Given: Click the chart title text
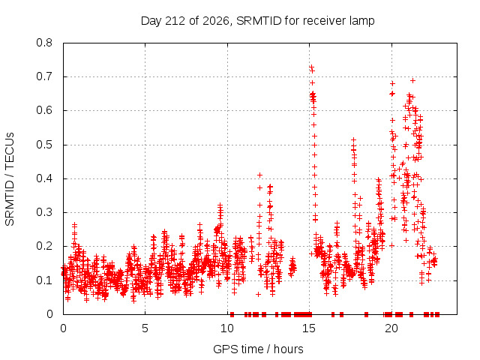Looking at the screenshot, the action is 258,21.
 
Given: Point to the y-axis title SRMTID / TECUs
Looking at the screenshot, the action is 10,179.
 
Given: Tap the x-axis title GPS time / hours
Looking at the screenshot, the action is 258,349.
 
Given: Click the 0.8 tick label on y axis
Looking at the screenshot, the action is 44,43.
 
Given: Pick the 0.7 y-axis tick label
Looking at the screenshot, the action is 44,76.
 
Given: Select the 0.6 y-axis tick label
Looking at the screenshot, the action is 44,110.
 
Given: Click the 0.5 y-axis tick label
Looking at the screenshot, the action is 44,145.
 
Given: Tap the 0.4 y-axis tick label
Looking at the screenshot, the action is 44,178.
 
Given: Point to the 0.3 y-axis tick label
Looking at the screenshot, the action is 44,212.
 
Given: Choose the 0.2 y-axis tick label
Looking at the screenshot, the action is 44,246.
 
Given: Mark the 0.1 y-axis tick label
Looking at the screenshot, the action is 44,280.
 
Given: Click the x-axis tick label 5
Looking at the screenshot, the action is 145,328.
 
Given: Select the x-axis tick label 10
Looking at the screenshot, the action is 227,328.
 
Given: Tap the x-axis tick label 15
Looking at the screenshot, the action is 309,328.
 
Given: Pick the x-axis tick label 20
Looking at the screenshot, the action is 391,328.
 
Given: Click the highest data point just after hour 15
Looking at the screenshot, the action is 311,67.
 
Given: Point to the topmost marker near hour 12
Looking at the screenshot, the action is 259,175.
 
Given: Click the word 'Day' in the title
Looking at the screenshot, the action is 151,21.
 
